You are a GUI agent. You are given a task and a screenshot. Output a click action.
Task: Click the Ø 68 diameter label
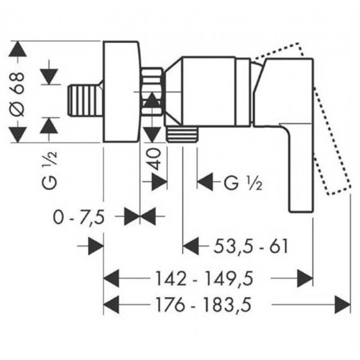pos(18,95)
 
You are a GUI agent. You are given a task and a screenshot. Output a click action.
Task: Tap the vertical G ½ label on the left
pos(49,171)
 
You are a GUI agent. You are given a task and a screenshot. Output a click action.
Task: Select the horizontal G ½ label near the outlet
pos(243,183)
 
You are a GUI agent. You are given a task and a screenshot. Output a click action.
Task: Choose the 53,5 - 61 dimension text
pos(251,246)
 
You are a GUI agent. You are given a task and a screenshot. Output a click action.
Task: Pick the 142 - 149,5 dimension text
pos(204,279)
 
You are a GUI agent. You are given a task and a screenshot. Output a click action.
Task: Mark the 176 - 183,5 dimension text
pos(203,305)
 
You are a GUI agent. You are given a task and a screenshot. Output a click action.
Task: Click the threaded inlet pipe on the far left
pos(85,100)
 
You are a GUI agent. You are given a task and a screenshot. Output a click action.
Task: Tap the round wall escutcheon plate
pos(121,92)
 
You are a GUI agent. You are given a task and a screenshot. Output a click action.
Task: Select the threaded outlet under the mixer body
pos(182,134)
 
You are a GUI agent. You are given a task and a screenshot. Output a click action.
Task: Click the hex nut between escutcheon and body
pos(152,91)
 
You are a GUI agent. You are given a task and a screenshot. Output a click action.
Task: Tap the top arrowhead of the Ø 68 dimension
pos(18,49)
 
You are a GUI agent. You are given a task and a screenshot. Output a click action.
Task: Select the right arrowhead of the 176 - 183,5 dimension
pos(342,305)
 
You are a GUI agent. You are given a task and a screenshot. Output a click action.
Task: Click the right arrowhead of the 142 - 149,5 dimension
pos(305,279)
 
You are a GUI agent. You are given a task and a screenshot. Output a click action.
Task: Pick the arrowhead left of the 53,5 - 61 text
pos(190,246)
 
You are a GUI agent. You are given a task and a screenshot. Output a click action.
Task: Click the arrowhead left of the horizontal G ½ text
pos(205,182)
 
